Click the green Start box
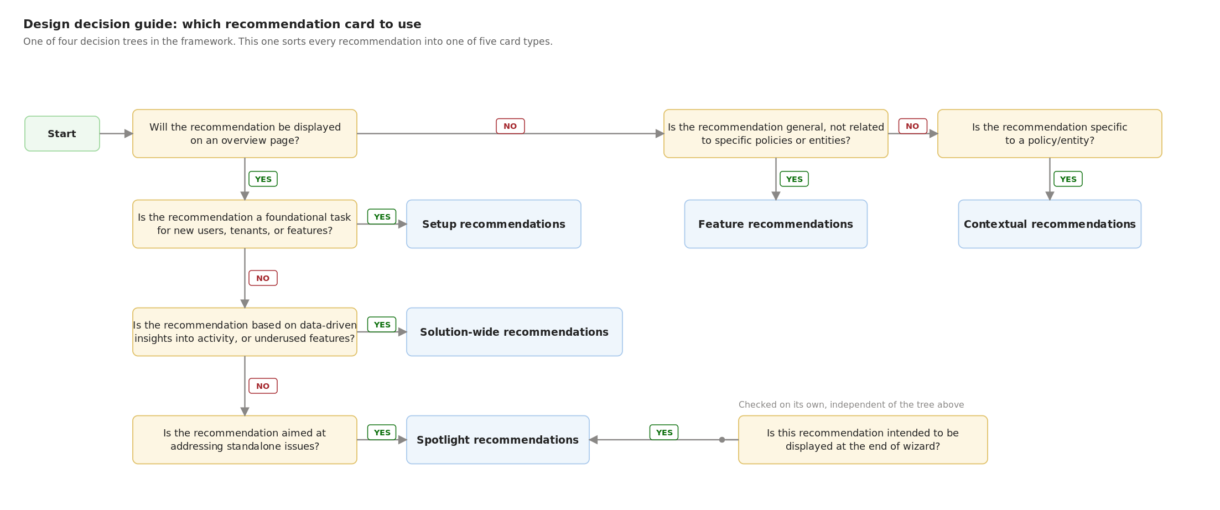click(62, 133)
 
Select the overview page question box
click(245, 133)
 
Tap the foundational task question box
click(245, 224)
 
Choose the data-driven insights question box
click(245, 332)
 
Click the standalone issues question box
click(245, 440)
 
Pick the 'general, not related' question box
click(776, 133)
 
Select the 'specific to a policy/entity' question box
click(1050, 133)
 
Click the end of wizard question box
click(863, 440)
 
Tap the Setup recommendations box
click(494, 224)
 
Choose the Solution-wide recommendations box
click(515, 332)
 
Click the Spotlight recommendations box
click(498, 440)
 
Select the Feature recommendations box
click(776, 224)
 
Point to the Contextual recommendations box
click(1050, 224)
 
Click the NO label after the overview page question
click(510, 126)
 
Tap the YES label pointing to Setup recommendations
click(382, 217)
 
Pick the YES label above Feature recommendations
click(794, 179)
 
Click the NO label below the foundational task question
click(263, 278)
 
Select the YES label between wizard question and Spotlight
click(664, 433)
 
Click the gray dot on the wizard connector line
click(722, 440)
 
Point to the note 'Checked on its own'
click(851, 405)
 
